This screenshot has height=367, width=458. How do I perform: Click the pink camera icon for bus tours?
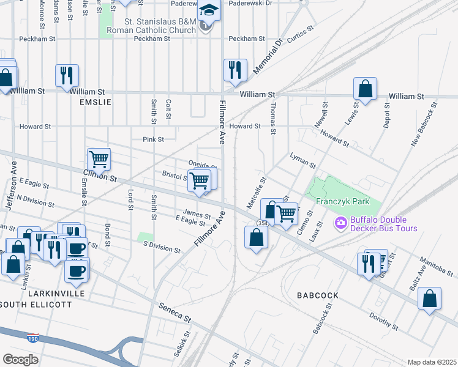tap(340, 224)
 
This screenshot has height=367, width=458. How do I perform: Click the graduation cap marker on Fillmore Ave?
tap(209, 11)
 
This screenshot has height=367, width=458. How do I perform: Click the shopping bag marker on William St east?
tap(365, 89)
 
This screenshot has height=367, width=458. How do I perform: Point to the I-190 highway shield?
tap(32, 337)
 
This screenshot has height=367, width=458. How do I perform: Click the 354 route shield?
tap(263, 224)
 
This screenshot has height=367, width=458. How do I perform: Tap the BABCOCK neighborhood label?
tap(317, 295)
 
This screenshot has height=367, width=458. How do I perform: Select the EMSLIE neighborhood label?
tap(96, 102)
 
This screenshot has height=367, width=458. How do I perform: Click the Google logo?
tap(20, 360)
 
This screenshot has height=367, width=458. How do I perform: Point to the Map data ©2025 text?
tap(432, 362)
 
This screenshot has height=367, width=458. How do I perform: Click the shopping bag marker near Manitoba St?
tap(430, 298)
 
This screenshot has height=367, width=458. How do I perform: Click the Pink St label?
tap(153, 139)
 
